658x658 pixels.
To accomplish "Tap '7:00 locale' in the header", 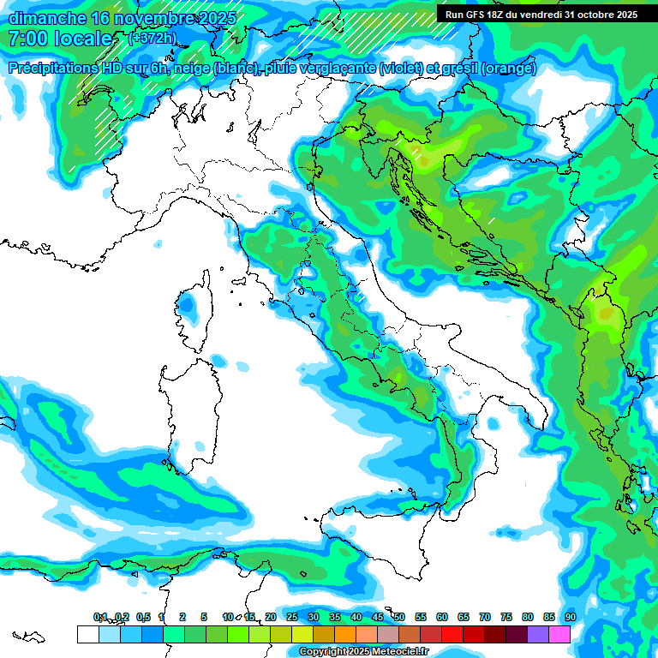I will pos(60,39).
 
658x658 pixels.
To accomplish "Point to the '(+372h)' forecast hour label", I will pos(153,38).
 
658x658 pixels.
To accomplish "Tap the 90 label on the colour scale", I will pos(570,617).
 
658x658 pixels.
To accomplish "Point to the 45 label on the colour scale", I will pos(378,617).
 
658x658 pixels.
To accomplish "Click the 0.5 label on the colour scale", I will pos(143,617).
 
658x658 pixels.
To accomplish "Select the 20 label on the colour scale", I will pos(271,617).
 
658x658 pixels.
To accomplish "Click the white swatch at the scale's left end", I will pos(87,634).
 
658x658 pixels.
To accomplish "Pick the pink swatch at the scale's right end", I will pos(559,634).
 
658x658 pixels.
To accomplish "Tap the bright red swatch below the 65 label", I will pos(452,634).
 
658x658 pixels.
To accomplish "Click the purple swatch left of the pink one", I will pos(538,634).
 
